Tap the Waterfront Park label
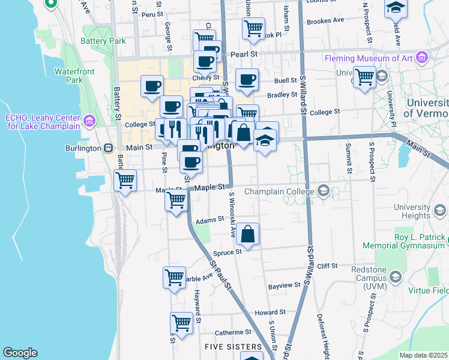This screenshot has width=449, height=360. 74,75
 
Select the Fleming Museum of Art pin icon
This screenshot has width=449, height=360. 423,58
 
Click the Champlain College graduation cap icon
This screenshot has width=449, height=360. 324,191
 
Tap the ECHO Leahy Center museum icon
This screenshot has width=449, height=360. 89,122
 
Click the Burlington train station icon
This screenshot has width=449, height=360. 108,148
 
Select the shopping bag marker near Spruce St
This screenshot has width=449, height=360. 247,234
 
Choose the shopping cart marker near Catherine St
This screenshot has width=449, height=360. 181,322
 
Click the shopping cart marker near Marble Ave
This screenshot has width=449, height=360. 174,277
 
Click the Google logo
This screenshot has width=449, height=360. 19,353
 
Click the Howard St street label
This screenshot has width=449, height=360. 270,313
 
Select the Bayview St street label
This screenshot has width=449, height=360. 284,286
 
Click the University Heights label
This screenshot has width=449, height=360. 412,211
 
